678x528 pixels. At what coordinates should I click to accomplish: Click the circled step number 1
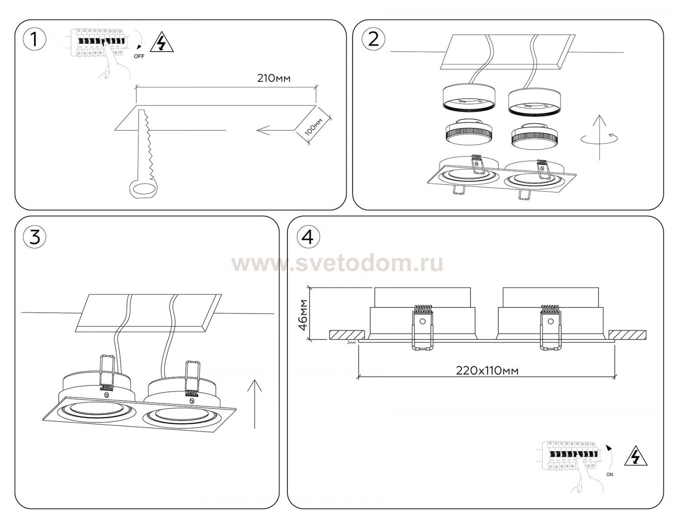click(x=35, y=40)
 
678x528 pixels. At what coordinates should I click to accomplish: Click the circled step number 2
click(x=373, y=40)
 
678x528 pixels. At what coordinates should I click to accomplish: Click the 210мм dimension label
click(x=273, y=78)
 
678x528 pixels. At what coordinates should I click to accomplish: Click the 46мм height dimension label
click(x=303, y=315)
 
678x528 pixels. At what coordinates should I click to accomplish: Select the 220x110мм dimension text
click(x=487, y=371)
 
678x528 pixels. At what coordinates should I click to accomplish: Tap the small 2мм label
click(x=351, y=342)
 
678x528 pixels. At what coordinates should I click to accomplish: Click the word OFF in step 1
click(x=139, y=57)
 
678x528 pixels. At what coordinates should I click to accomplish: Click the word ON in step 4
click(x=609, y=475)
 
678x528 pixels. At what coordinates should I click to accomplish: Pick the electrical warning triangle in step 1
click(x=162, y=42)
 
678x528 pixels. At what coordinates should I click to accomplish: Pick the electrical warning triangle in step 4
click(x=636, y=458)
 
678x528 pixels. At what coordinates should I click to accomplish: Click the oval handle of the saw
click(x=143, y=189)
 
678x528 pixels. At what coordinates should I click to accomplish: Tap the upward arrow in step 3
click(x=254, y=404)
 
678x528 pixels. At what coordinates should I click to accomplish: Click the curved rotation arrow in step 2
click(x=599, y=138)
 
